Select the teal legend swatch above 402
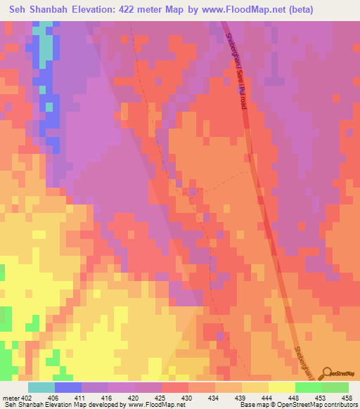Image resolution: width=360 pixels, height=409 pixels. click(41, 387)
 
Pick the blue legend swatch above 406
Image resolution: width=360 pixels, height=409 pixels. click(68, 387)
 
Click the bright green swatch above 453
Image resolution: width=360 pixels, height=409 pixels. click(309, 387)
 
